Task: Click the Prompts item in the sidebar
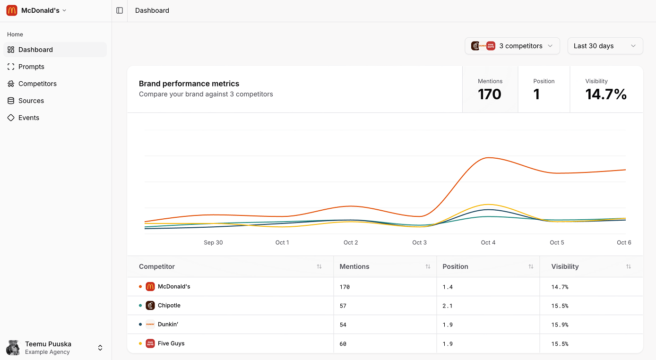31,67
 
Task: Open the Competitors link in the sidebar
37,84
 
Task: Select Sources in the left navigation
31,101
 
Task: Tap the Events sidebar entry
29,118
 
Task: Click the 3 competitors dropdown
512,46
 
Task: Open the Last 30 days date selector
605,46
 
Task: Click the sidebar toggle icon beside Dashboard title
120,10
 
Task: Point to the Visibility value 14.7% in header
606,94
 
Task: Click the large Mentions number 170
489,94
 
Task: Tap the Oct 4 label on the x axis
488,242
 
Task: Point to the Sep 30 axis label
213,242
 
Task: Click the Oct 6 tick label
624,242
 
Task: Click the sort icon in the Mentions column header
428,266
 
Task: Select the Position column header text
455,266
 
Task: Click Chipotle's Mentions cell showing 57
343,306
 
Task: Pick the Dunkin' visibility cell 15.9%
560,325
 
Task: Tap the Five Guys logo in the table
150,343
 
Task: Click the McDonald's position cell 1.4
448,287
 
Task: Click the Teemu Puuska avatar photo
13,348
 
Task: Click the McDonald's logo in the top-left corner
12,10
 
